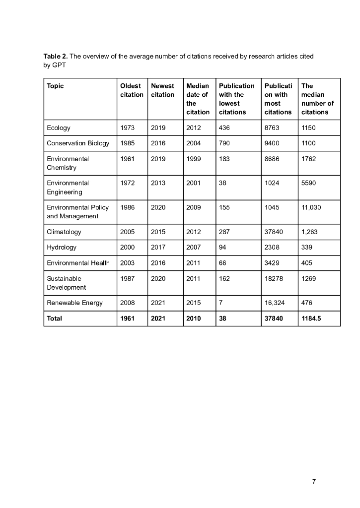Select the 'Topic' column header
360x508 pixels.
pos(55,86)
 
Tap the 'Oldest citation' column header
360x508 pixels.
pos(132,90)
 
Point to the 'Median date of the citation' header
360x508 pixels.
pos(198,99)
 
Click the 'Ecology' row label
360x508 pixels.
pos(59,127)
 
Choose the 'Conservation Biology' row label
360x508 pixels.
pos(78,143)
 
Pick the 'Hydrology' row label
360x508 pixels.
pos(62,247)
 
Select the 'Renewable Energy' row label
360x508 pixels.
pos(75,303)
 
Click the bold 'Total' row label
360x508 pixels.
pos(55,318)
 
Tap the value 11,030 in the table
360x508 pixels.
pos(312,207)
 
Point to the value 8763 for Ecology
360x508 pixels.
pos(272,127)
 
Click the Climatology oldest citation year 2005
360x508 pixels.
pos(128,232)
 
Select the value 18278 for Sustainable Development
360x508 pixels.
pos(274,278)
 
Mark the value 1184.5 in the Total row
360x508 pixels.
pos(311,318)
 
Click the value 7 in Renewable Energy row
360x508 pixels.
pos(220,303)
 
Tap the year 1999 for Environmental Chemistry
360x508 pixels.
pos(193,159)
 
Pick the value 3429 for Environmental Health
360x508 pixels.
pos(272,263)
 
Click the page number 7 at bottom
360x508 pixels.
pos(314,481)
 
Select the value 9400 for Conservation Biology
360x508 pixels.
pos(272,143)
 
